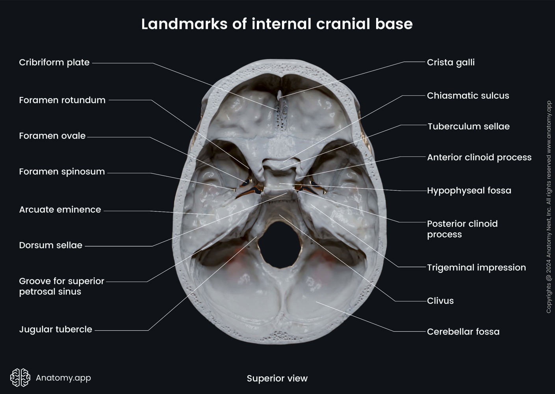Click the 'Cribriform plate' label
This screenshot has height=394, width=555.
click(54, 62)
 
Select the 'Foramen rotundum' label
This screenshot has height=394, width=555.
click(62, 100)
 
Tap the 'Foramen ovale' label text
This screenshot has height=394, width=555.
click(52, 136)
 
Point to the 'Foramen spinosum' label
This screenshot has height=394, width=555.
click(62, 171)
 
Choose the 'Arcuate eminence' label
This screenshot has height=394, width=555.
click(60, 209)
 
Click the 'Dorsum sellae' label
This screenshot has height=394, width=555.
click(51, 245)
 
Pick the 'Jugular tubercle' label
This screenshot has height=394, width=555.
click(56, 329)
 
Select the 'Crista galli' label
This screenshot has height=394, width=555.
click(451, 62)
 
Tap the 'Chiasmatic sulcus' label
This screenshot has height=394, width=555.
click(468, 95)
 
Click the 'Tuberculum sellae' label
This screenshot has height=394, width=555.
click(468, 126)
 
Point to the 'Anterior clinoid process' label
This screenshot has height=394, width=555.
click(479, 157)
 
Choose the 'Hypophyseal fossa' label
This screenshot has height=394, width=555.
click(469, 190)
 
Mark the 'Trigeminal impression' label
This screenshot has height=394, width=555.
click(476, 267)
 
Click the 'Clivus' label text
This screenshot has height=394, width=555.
click(440, 301)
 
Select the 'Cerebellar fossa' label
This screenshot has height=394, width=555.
click(463, 332)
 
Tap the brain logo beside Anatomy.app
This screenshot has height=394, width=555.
click(20, 377)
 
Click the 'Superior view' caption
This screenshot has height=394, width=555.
click(277, 378)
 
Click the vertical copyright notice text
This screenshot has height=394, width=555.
click(549, 207)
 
